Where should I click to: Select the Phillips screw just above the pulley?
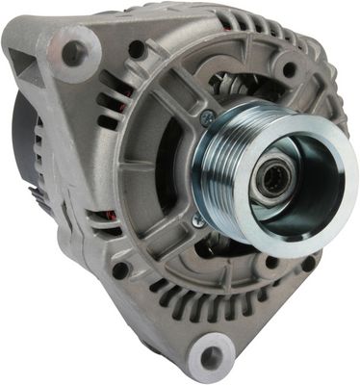coord(207,117)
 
